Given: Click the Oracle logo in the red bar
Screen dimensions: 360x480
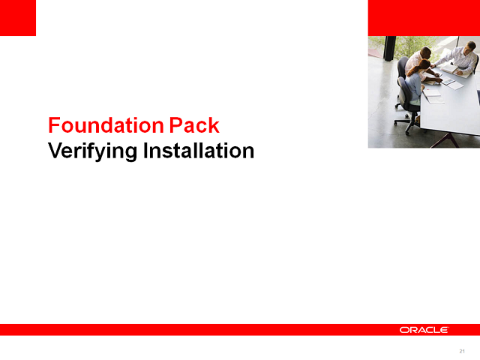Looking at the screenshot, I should click(424, 329).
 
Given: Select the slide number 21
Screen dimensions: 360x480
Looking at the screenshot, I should click(462, 351).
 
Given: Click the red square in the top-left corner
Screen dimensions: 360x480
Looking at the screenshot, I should click(18, 18).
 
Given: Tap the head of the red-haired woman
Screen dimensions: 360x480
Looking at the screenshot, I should click(424, 65).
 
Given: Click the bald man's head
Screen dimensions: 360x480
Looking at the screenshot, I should click(426, 52).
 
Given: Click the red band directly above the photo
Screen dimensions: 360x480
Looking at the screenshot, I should click(424, 18).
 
